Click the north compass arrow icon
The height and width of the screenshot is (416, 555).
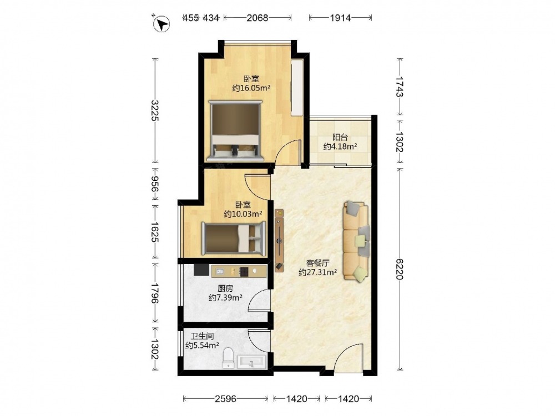pyautogui.click(x=162, y=24)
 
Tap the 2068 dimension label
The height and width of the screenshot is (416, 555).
pyautogui.click(x=258, y=17)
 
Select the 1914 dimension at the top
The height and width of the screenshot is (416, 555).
pyautogui.click(x=340, y=17)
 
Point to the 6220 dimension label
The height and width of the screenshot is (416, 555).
pyautogui.click(x=400, y=269)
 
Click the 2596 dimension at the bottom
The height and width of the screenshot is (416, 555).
pyautogui.click(x=225, y=399)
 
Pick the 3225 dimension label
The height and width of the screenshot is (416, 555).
pyautogui.click(x=155, y=110)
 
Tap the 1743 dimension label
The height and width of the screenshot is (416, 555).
pyautogui.click(x=400, y=87)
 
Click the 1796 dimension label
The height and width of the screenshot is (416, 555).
pyautogui.click(x=155, y=293)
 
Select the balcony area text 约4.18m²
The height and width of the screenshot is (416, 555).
pyautogui.click(x=340, y=146)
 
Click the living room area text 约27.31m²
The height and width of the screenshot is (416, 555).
pyautogui.click(x=317, y=272)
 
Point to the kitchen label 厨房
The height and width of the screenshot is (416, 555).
pyautogui.click(x=225, y=288)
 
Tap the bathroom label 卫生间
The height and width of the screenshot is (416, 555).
pyautogui.click(x=202, y=336)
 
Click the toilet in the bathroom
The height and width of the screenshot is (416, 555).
pyautogui.click(x=228, y=358)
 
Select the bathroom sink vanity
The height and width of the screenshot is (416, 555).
pyautogui.click(x=251, y=362)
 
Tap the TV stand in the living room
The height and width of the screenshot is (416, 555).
pyautogui.click(x=280, y=240)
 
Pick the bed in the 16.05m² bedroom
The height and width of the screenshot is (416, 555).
pyautogui.click(x=236, y=130)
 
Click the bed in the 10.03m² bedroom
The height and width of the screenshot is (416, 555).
pyautogui.click(x=234, y=238)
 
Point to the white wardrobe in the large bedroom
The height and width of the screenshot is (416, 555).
pyautogui.click(x=297, y=88)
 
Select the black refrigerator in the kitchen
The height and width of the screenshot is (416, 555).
pyautogui.click(x=201, y=270)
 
